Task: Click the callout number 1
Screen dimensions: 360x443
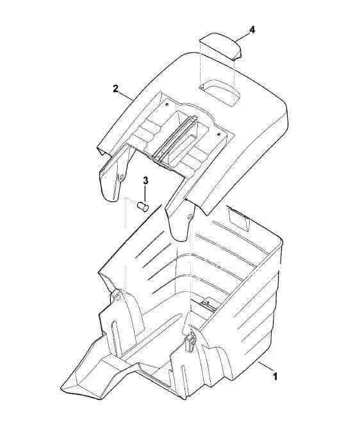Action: (x=274, y=376)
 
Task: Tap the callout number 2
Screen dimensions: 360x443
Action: (x=115, y=88)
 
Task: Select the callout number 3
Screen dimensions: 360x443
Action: (x=145, y=181)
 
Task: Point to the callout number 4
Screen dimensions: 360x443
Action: (x=252, y=29)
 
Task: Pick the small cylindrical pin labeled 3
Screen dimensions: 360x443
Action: (x=143, y=206)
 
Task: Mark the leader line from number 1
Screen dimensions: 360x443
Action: (x=265, y=367)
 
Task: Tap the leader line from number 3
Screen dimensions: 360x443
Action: (x=145, y=194)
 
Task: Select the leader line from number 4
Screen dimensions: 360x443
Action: (x=242, y=37)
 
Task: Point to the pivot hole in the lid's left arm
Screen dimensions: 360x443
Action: (x=122, y=177)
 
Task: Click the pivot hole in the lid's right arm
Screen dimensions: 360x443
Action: (x=190, y=217)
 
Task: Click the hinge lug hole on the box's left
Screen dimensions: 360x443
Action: (x=118, y=296)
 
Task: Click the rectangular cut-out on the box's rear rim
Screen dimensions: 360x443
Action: (x=238, y=218)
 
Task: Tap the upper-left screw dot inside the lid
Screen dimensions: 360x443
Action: (x=168, y=104)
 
